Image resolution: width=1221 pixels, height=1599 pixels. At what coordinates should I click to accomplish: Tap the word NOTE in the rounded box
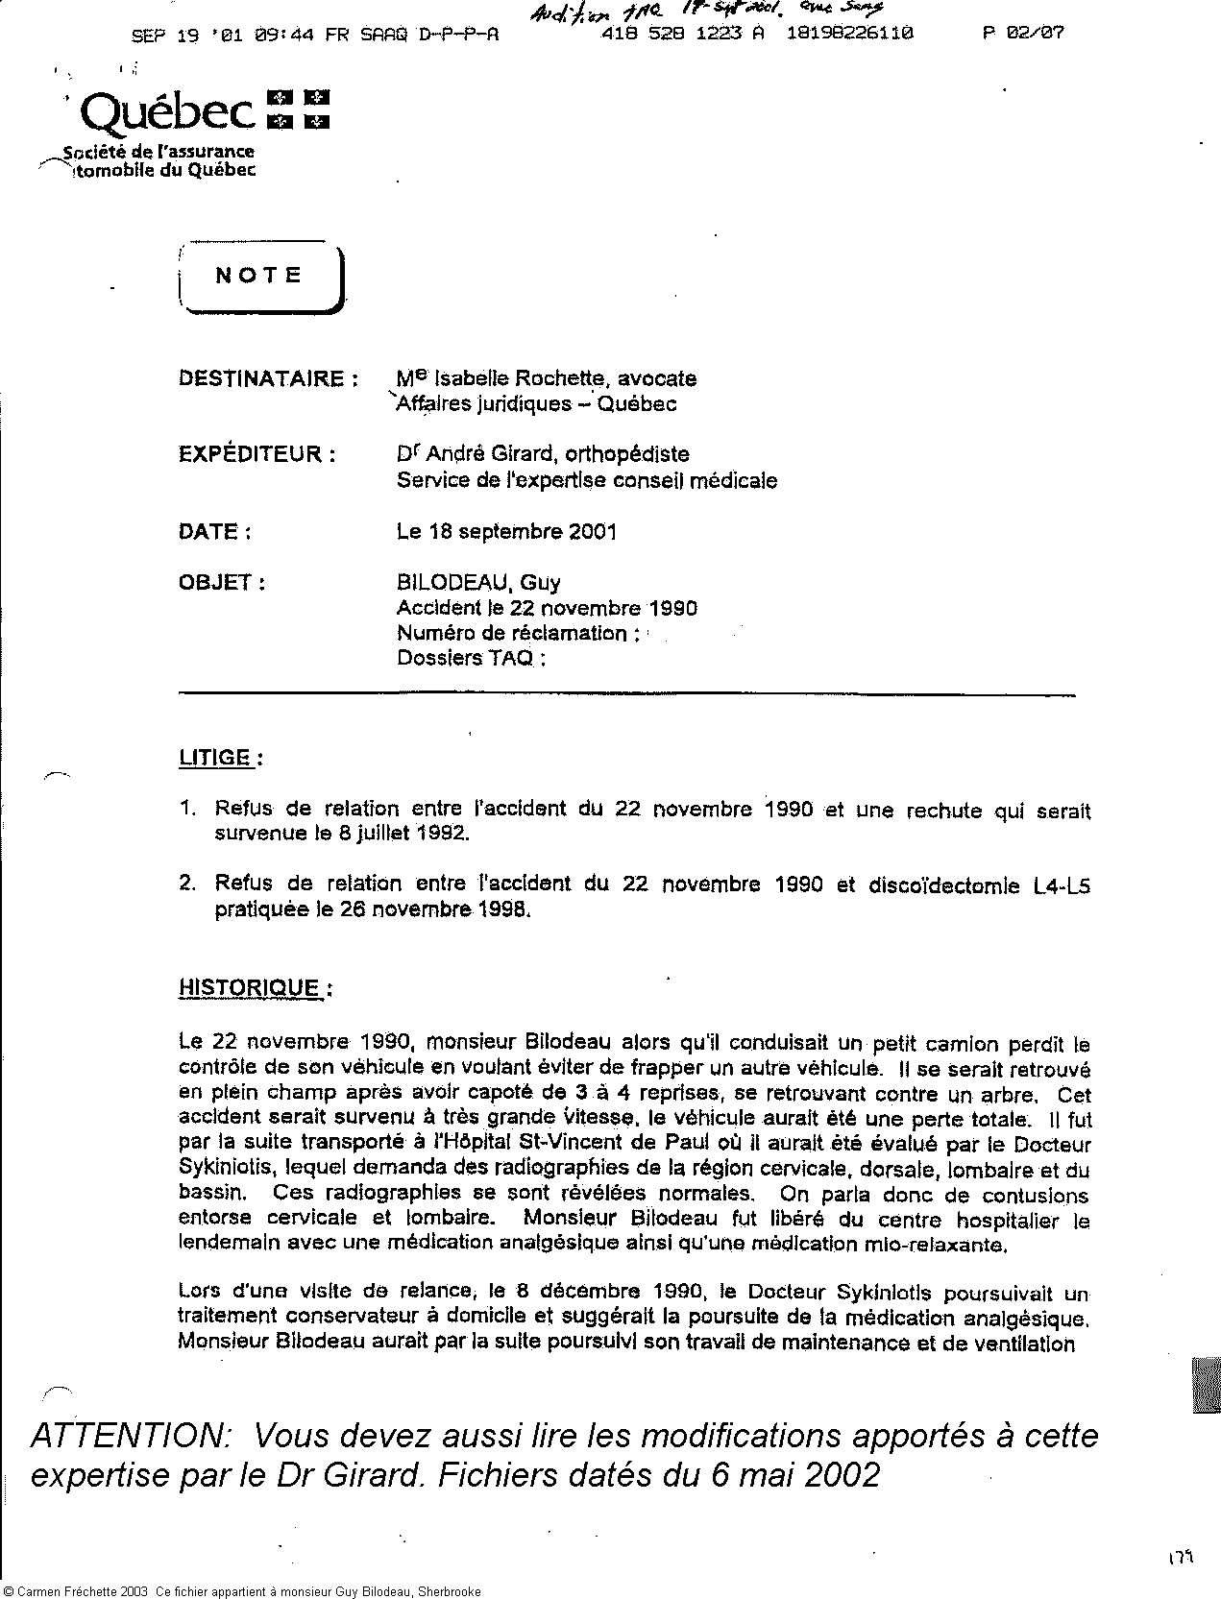coord(258,276)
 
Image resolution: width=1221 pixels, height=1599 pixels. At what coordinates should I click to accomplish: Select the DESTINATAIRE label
coord(260,378)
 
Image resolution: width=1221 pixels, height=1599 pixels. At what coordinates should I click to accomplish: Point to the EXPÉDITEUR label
coord(256,454)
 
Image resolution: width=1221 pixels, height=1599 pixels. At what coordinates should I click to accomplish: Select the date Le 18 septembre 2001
coord(506,531)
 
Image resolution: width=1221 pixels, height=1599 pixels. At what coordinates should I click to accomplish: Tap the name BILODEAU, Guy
coord(478,582)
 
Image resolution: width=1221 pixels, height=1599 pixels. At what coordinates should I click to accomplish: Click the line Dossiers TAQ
coord(471,658)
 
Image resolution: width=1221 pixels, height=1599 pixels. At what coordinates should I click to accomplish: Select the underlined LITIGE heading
coord(215,758)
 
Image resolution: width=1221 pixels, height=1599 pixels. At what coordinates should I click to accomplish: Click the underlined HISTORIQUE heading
coord(250,988)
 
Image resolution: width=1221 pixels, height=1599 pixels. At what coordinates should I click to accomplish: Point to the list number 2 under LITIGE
coord(186,884)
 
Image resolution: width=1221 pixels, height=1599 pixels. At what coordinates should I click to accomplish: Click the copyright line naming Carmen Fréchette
coord(240,1591)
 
